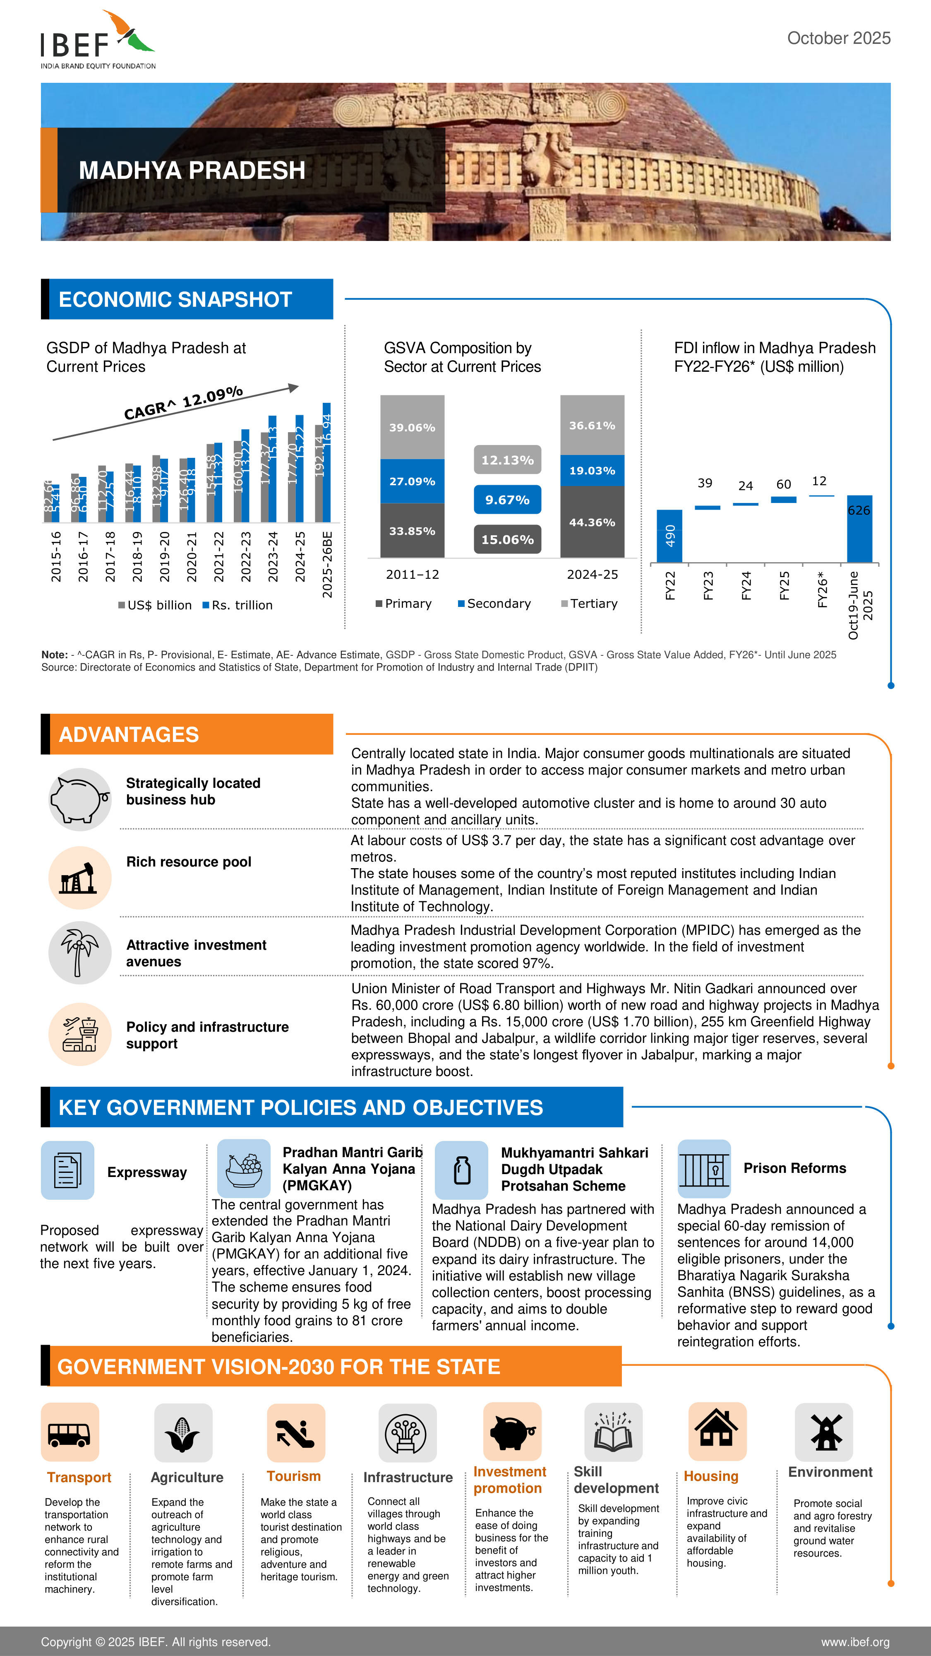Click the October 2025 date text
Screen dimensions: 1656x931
[838, 39]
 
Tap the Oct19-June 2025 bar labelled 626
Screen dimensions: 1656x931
[859, 528]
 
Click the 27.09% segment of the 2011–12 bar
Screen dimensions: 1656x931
[412, 481]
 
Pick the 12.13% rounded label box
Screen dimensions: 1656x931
[507, 460]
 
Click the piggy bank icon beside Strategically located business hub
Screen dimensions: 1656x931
[80, 799]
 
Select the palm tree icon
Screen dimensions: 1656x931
[80, 952]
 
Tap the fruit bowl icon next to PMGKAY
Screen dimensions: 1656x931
[244, 1168]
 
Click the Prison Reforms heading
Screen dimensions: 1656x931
[794, 1168]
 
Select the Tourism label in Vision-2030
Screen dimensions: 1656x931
[294, 1476]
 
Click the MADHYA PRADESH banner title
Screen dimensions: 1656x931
[192, 170]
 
